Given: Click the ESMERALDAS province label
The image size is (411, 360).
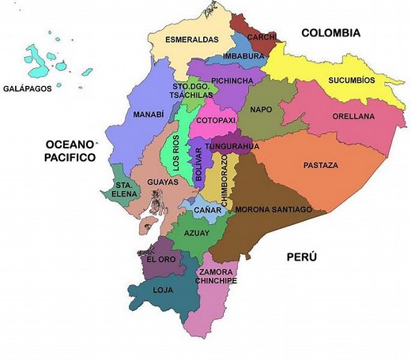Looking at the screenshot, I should (x=191, y=39).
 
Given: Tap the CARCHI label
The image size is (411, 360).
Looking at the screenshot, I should (x=262, y=37).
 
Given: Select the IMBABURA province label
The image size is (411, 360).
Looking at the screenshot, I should (x=243, y=57).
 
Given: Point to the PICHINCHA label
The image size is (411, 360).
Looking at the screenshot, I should (x=232, y=81).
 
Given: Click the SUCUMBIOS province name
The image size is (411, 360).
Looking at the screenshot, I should (x=352, y=81).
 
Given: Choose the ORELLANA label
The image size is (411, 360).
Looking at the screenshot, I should (x=353, y=116).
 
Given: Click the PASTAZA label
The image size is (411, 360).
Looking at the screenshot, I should (x=320, y=165).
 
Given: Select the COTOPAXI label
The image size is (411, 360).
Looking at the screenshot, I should (x=216, y=120).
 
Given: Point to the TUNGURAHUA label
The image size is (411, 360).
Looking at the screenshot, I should (x=228, y=147).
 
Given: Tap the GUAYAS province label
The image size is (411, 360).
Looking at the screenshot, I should (x=162, y=182).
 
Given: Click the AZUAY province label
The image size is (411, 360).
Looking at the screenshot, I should (x=197, y=234).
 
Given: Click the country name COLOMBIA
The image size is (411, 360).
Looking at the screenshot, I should (x=330, y=33).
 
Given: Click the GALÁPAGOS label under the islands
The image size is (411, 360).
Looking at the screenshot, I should (x=28, y=88).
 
